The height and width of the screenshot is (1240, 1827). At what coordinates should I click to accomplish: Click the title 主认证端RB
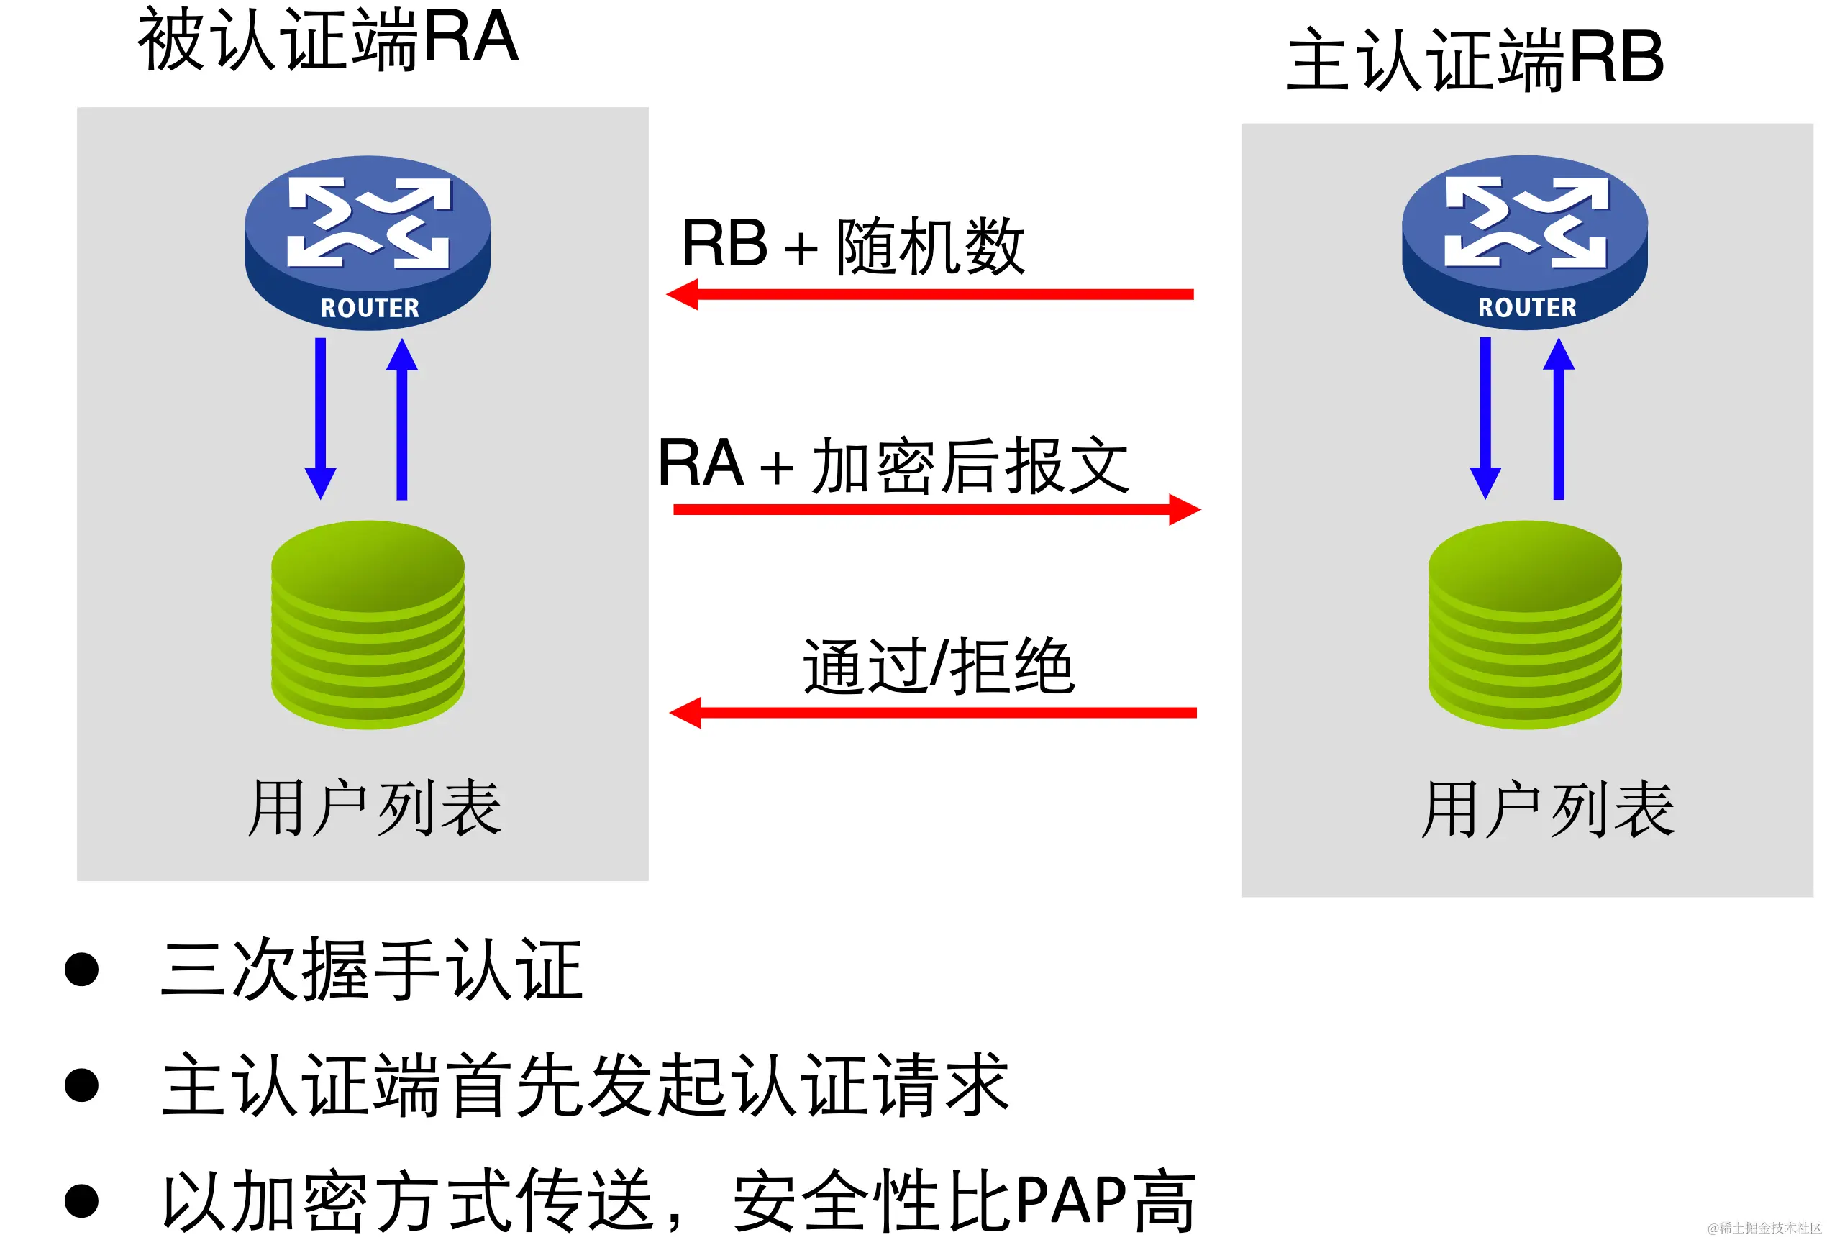[x=1474, y=60]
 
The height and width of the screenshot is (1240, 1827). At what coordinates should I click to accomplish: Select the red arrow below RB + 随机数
[x=929, y=294]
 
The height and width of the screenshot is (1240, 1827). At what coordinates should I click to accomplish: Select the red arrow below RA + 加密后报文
[x=936, y=509]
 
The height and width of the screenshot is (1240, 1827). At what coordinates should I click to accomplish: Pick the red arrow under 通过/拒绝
[x=932, y=712]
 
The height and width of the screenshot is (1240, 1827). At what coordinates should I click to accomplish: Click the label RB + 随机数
[x=853, y=245]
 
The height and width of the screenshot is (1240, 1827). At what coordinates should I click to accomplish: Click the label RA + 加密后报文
[x=893, y=465]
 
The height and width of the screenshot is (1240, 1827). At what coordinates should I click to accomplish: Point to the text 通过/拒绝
[x=938, y=667]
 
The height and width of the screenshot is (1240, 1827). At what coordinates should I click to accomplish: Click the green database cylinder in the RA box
[x=368, y=625]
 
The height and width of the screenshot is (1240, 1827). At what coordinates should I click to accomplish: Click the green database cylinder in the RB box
[x=1524, y=625]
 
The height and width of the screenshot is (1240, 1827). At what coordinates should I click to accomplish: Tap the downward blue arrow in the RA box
[x=321, y=416]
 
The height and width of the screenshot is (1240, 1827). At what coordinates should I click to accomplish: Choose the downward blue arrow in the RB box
[x=1485, y=416]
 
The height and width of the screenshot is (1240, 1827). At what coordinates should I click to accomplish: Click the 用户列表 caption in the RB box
[x=1547, y=809]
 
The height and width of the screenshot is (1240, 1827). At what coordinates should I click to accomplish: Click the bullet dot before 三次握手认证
[x=82, y=969]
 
